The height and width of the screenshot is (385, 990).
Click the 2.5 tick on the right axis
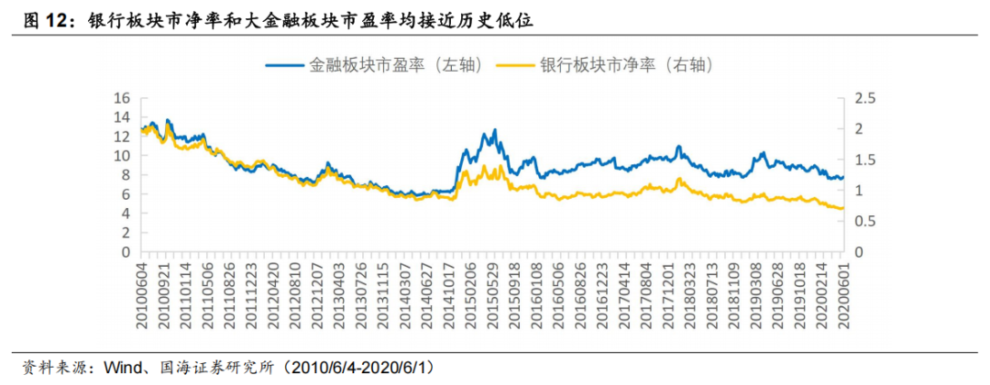864,98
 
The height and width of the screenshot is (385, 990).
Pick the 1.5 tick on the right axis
864,159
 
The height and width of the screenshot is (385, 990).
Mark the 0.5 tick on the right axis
864,221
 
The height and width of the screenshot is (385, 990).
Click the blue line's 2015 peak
494,130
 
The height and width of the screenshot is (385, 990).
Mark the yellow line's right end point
842,209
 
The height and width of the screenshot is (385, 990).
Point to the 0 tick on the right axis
860,252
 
